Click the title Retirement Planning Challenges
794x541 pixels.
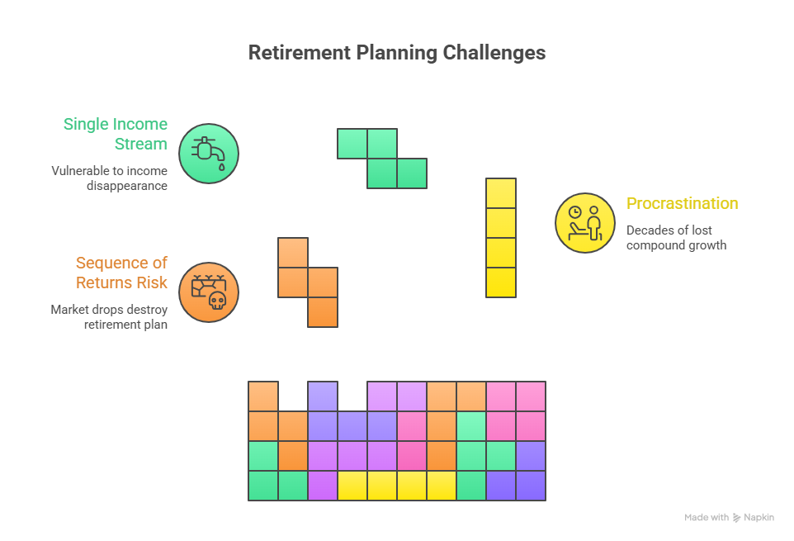coord(396,53)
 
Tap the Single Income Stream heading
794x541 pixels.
coord(116,134)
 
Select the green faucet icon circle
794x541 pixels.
coord(209,154)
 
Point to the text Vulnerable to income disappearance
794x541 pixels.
coord(109,178)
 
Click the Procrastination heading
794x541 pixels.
coord(682,203)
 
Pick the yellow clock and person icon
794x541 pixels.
coord(585,223)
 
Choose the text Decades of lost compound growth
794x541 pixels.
coord(675,238)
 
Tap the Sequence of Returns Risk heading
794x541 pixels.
coord(121,273)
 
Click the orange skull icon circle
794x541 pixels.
coord(209,292)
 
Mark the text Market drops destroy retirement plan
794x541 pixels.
coord(109,317)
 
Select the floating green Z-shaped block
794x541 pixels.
coord(382,158)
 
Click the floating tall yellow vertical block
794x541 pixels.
coord(501,238)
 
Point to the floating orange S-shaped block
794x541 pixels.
coord(308,282)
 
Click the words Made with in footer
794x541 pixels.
coord(707,518)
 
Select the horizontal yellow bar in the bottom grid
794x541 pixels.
coord(397,486)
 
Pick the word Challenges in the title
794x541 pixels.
coord(494,53)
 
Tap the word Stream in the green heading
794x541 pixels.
coord(141,144)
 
